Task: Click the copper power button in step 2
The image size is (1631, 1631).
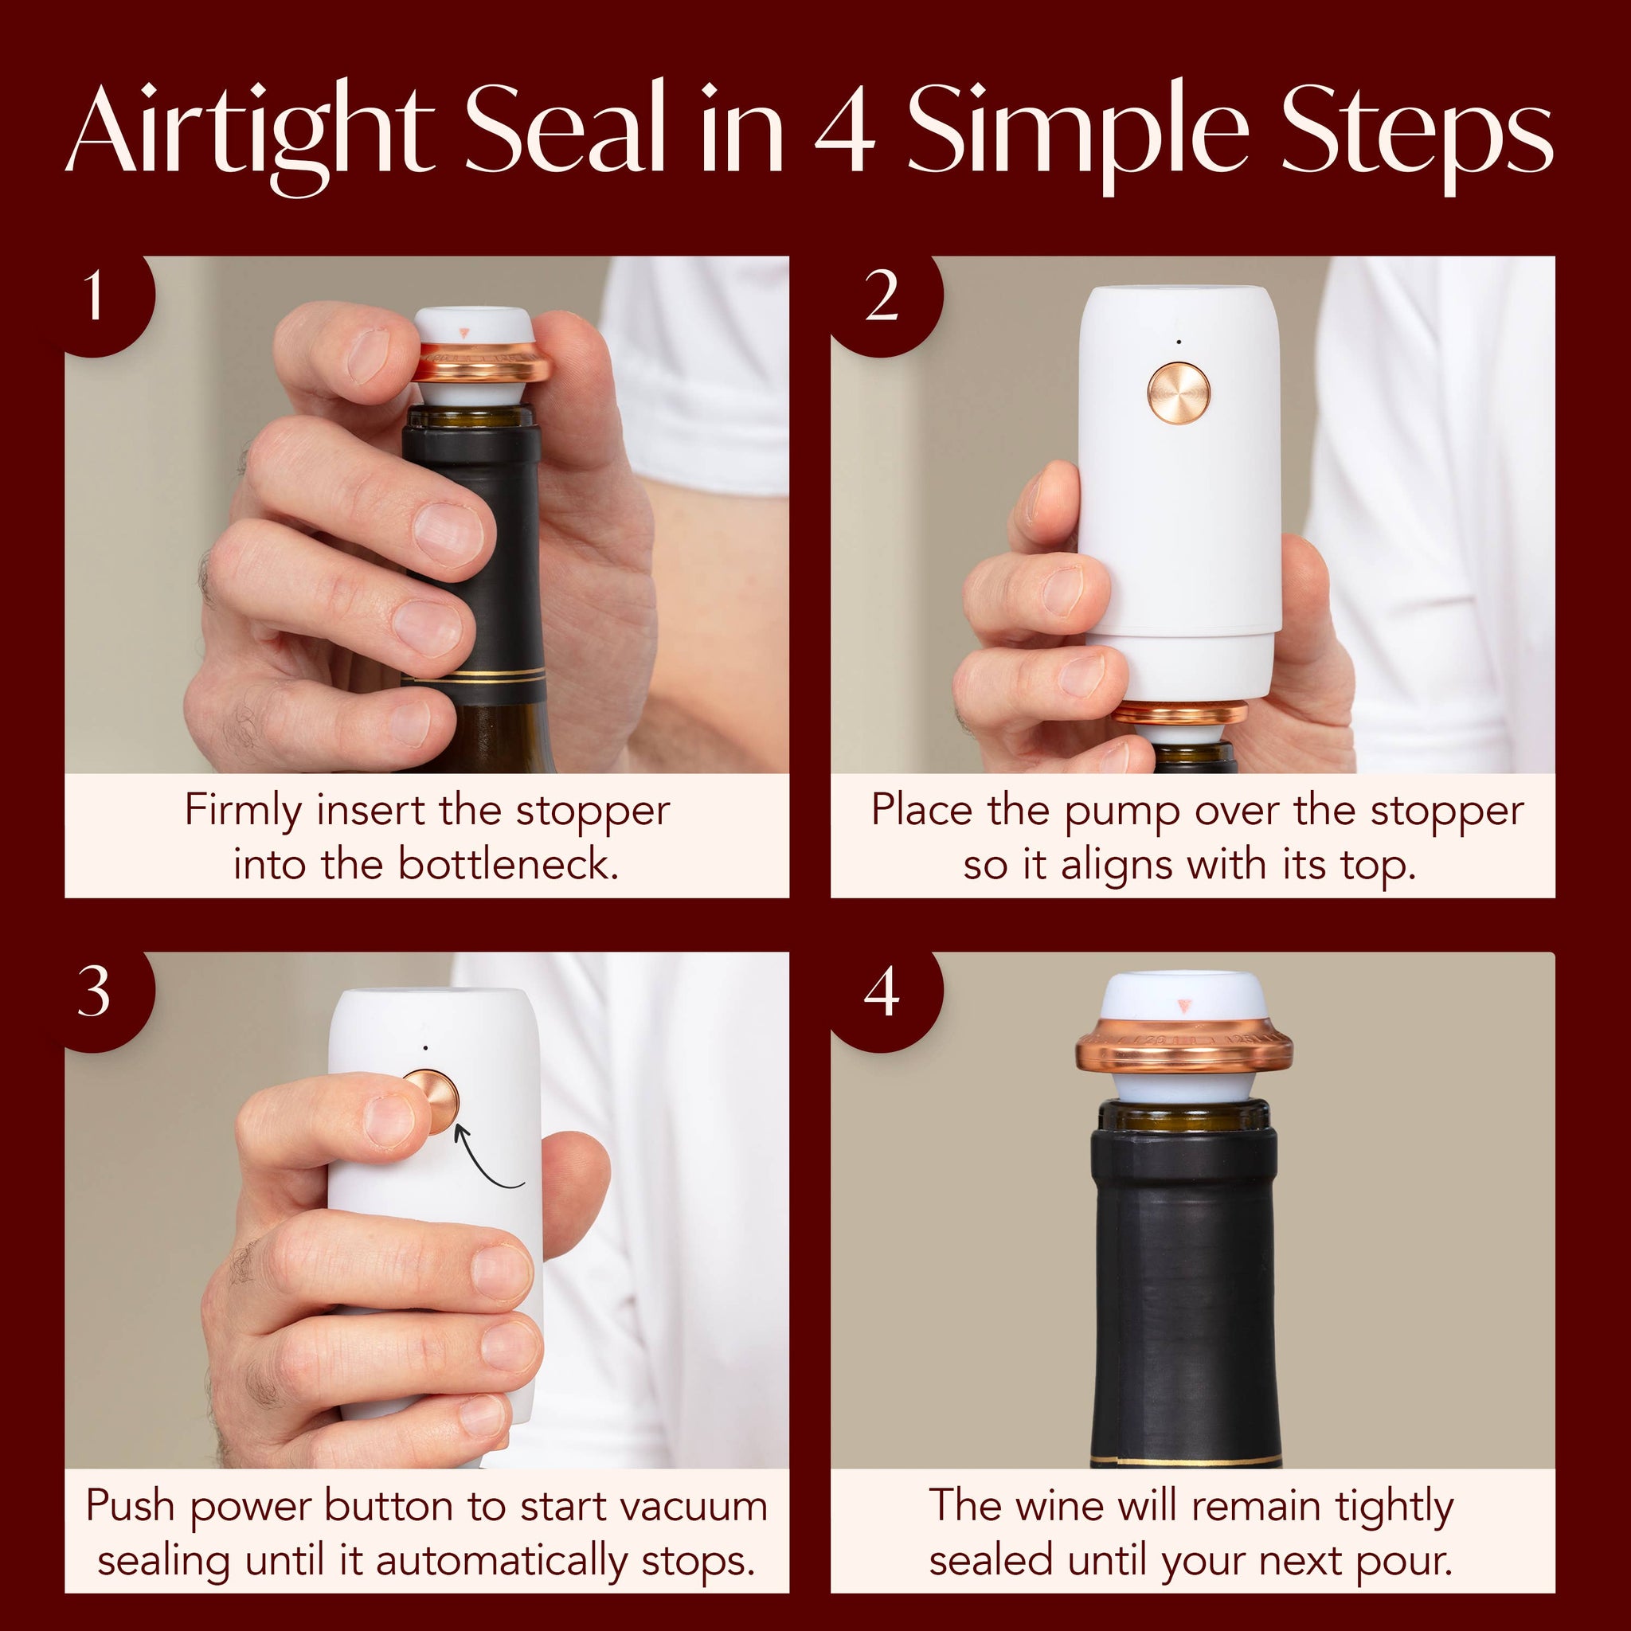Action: click(1179, 393)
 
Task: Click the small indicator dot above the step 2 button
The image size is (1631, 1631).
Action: click(1179, 342)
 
